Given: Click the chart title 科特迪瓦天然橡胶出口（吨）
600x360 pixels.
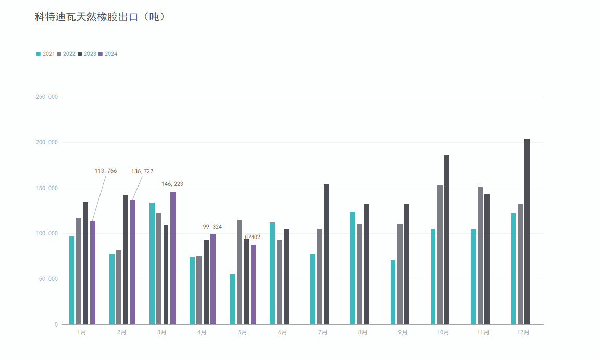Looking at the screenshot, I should pyautogui.click(x=100, y=17).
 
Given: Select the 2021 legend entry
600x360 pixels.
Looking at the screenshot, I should pyautogui.click(x=45, y=54).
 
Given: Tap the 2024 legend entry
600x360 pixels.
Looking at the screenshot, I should pyautogui.click(x=108, y=54).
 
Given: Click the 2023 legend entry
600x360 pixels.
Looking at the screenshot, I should pyautogui.click(x=87, y=54).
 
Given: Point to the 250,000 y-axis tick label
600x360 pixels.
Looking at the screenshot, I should pyautogui.click(x=45, y=97).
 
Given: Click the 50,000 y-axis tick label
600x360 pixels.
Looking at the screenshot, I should pyautogui.click(x=47, y=279).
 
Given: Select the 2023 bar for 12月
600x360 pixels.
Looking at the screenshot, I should pyautogui.click(x=527, y=231).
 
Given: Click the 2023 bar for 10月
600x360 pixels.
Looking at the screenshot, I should pyautogui.click(x=447, y=240).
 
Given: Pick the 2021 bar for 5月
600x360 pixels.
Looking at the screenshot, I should pyautogui.click(x=232, y=299).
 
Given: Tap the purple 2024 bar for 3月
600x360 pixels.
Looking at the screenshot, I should pyautogui.click(x=173, y=258).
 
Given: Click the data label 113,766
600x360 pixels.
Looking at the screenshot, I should pyautogui.click(x=106, y=171).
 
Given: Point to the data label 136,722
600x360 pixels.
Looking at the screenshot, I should pyautogui.click(x=142, y=171).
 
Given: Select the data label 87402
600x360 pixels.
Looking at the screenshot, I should pyautogui.click(x=253, y=237).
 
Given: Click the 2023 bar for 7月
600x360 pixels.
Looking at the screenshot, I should pyautogui.click(x=327, y=254).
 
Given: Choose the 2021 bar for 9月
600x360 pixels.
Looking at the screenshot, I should pyautogui.click(x=393, y=292).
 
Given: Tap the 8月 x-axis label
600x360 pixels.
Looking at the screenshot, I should pyautogui.click(x=362, y=332).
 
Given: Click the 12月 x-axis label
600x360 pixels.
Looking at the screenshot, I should pyautogui.click(x=523, y=332).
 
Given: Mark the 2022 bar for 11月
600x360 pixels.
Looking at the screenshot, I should pyautogui.click(x=480, y=255).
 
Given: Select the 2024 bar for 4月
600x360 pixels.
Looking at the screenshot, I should pyautogui.click(x=213, y=279).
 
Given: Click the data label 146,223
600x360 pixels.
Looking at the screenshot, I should pyautogui.click(x=172, y=184).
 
